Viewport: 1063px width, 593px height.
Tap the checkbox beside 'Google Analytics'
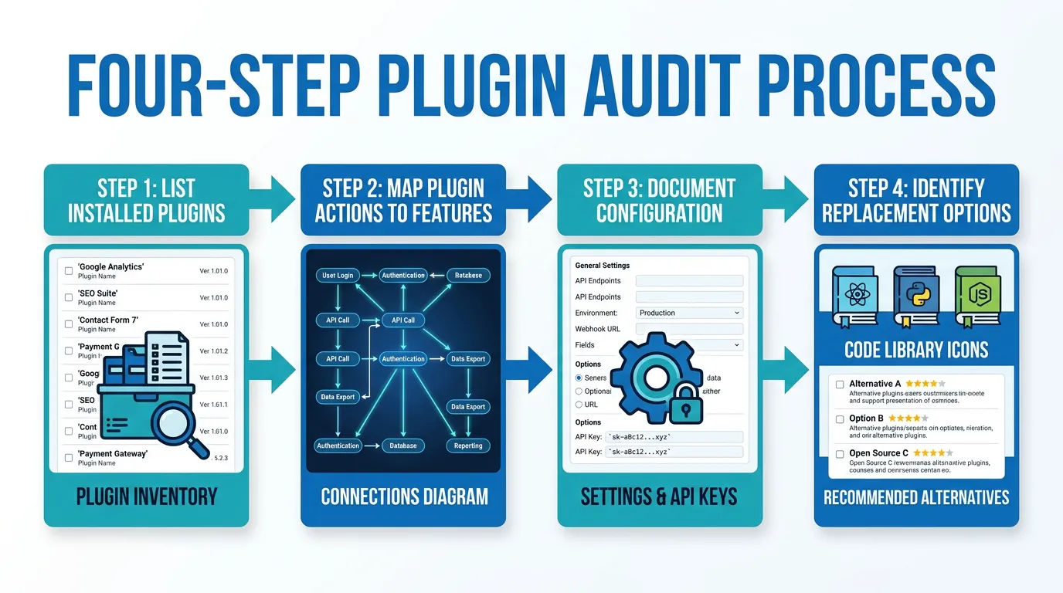(x=69, y=271)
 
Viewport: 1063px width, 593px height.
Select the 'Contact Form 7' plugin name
(x=113, y=320)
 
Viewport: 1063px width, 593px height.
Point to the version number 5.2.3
(x=220, y=458)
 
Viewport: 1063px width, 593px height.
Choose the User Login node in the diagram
(x=338, y=276)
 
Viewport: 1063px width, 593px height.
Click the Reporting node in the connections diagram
(x=468, y=446)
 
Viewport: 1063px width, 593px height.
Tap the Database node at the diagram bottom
(x=403, y=446)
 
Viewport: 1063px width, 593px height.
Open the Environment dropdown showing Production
(x=689, y=313)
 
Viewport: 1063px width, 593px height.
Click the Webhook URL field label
(x=599, y=329)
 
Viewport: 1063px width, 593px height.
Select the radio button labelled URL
(x=579, y=405)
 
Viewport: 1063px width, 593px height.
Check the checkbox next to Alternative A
(x=840, y=384)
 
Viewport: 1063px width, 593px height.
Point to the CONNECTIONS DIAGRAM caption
(x=404, y=496)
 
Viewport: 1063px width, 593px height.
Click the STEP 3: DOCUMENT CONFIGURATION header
(x=659, y=200)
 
